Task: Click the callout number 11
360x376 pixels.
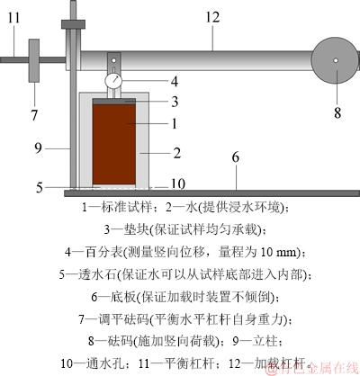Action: [13, 17]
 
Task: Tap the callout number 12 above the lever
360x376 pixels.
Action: [212, 17]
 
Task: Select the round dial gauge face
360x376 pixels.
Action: [113, 81]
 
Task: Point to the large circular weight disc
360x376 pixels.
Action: [336, 60]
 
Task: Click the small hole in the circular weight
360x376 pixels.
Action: [336, 60]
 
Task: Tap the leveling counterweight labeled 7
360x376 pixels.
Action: [34, 60]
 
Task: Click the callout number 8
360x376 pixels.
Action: [337, 113]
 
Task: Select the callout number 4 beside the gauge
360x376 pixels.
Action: [175, 82]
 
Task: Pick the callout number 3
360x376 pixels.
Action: [175, 102]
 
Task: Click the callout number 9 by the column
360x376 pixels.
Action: [38, 148]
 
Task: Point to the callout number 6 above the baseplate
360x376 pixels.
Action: [236, 157]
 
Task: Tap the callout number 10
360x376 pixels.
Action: [178, 184]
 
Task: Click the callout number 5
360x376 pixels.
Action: [40, 188]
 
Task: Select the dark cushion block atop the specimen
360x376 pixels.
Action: [114, 102]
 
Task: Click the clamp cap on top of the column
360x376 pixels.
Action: [73, 24]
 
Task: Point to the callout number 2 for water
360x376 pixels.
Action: [177, 153]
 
